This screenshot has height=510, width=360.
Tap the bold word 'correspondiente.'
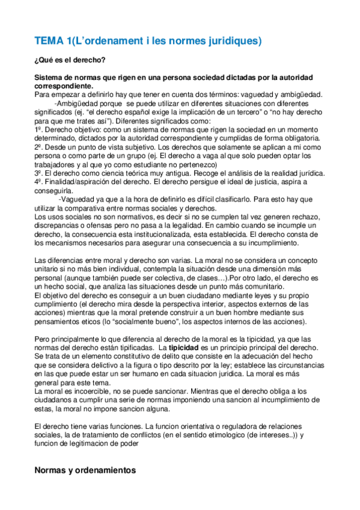pos(63,86)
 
